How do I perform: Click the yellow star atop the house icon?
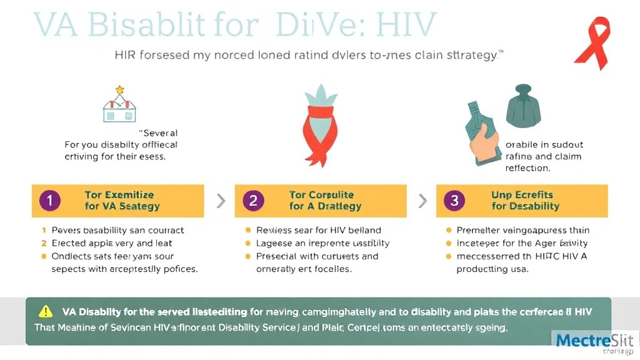click(119, 90)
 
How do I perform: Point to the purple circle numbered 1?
click(49, 201)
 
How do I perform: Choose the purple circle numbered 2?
click(252, 201)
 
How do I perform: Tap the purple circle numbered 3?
click(454, 201)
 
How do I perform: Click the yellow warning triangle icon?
click(46, 311)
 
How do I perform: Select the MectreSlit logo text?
click(594, 341)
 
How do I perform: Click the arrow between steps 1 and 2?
click(220, 201)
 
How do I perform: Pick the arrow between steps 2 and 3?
click(422, 201)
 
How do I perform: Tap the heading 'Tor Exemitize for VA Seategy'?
click(122, 201)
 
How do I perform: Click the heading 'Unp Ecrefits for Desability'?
click(526, 201)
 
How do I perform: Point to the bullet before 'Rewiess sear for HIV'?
click(248, 231)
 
